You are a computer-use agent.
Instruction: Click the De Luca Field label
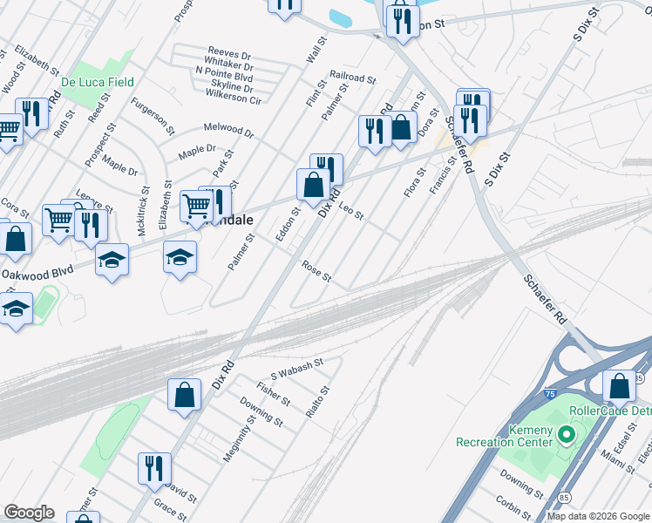(98, 82)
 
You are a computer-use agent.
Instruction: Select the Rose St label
(316, 272)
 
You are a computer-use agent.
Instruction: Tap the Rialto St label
(316, 403)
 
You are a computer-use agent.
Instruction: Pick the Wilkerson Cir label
(234, 100)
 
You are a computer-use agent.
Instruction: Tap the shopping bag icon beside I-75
(619, 384)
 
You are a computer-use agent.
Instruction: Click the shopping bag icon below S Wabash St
(186, 395)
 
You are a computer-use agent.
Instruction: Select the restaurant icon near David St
(154, 468)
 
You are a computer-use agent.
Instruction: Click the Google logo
(29, 513)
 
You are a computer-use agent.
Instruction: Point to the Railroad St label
(352, 78)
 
